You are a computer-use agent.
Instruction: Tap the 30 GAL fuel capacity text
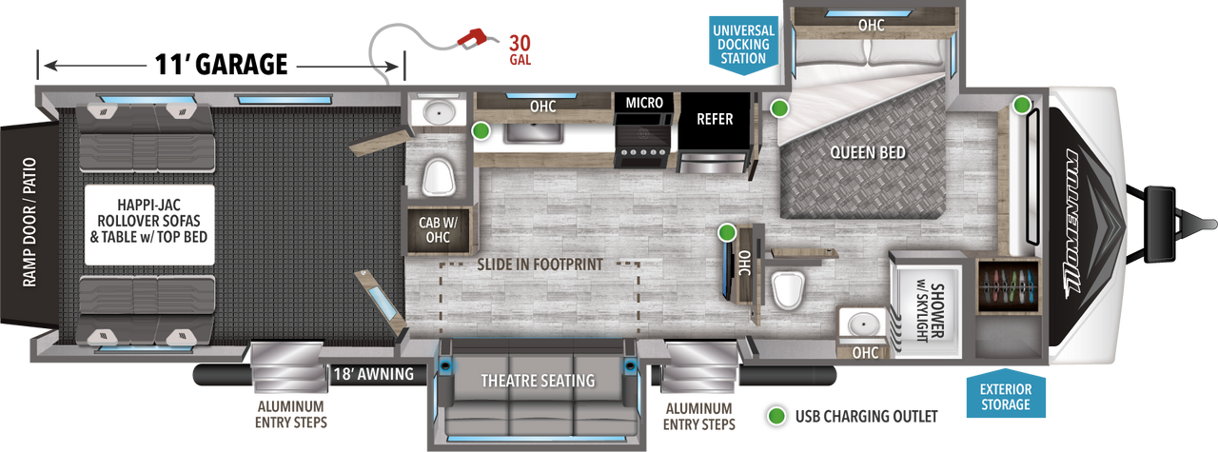pyautogui.click(x=520, y=50)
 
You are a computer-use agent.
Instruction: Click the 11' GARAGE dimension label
pyautogui.click(x=221, y=65)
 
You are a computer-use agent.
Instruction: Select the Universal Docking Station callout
pyautogui.click(x=743, y=45)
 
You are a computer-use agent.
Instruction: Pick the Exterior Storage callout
pyautogui.click(x=1006, y=395)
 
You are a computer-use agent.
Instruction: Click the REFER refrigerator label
pyautogui.click(x=715, y=119)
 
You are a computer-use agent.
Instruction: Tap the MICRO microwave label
pyautogui.click(x=644, y=102)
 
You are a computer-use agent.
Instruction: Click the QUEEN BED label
pyautogui.click(x=868, y=153)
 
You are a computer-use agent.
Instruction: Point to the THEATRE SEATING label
pyautogui.click(x=538, y=381)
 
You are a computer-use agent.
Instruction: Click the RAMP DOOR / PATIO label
pyautogui.click(x=29, y=222)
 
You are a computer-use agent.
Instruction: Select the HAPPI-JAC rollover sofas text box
pyautogui.click(x=149, y=225)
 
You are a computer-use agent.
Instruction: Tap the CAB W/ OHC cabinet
pyautogui.click(x=439, y=230)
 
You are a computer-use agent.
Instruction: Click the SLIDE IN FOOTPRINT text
pyautogui.click(x=540, y=265)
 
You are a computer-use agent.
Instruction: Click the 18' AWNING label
pyautogui.click(x=374, y=374)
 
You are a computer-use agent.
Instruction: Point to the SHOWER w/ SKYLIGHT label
pyautogui.click(x=930, y=312)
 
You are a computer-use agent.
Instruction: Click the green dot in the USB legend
pyautogui.click(x=776, y=416)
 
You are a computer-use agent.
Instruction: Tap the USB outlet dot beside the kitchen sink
pyautogui.click(x=481, y=130)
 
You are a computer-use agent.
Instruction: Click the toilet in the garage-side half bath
pyautogui.click(x=439, y=176)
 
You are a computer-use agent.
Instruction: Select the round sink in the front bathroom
pyautogui.click(x=862, y=325)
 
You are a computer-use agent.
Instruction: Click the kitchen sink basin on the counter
pyautogui.click(x=533, y=133)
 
